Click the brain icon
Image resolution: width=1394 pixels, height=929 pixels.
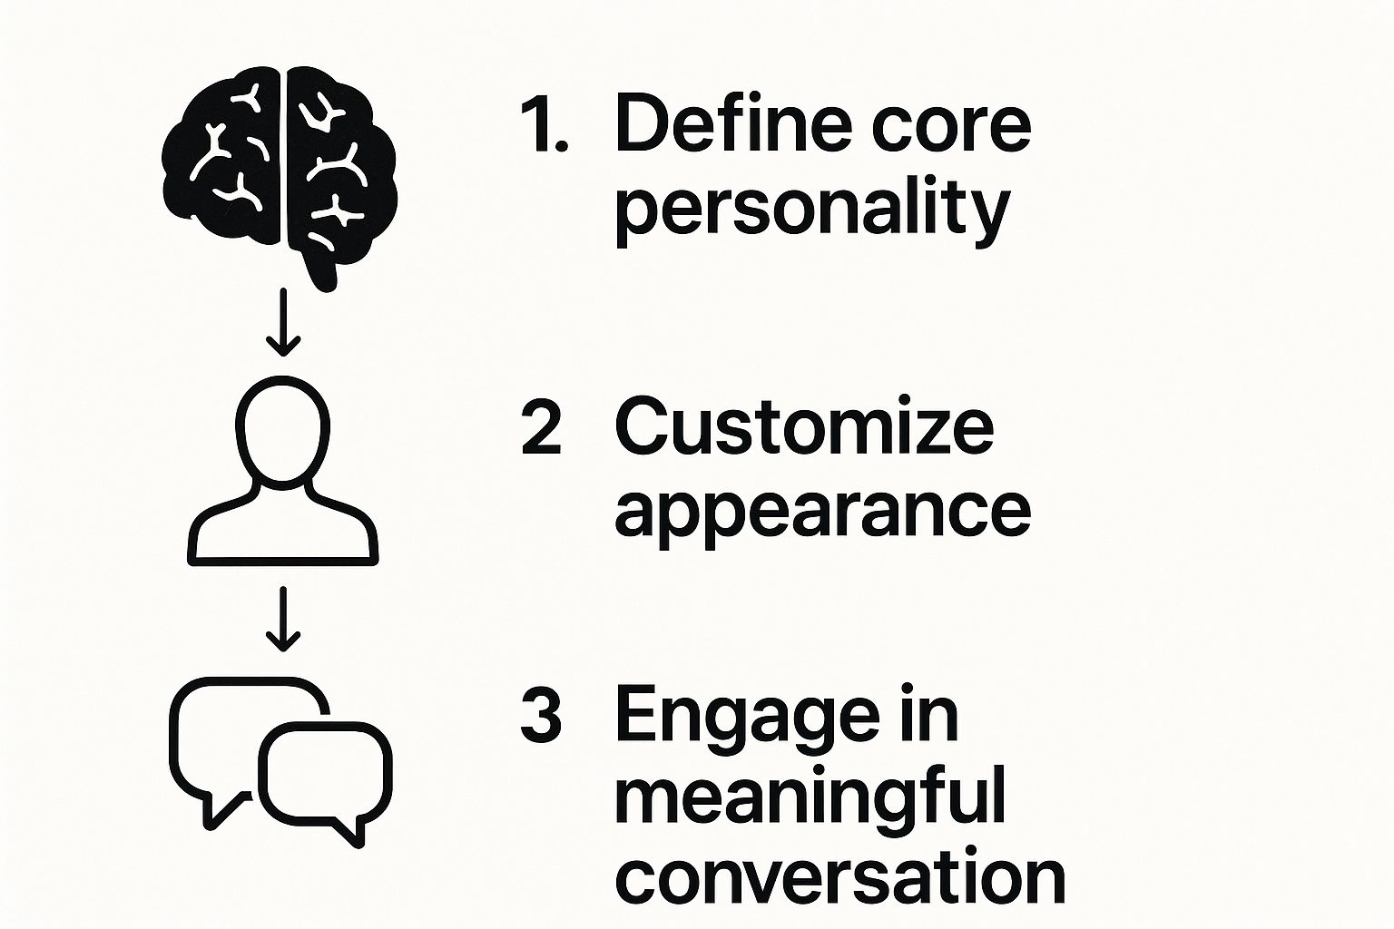[280, 178]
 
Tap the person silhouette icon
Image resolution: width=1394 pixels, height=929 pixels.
[283, 471]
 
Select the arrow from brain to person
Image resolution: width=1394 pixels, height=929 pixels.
[283, 322]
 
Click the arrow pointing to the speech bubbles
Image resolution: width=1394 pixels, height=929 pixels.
[283, 619]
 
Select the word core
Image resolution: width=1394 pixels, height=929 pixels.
[952, 131]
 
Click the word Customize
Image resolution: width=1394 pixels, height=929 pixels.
[805, 425]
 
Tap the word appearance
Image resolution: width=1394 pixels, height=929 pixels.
[823, 514]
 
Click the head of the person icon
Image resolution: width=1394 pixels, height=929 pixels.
[283, 429]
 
